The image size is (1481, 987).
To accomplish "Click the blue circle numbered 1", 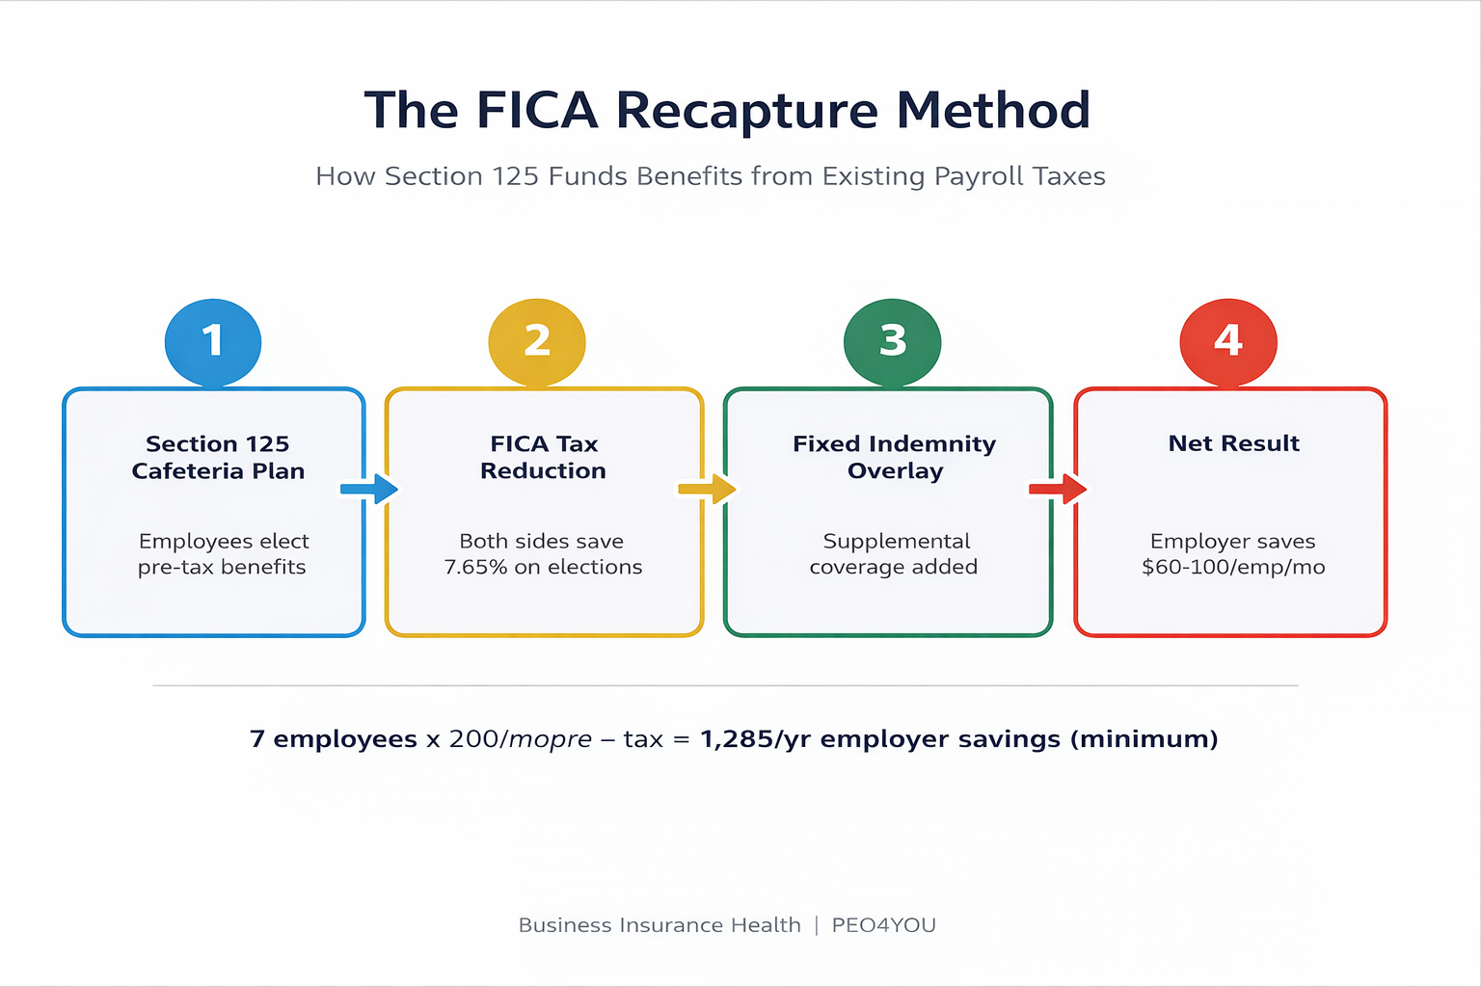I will point(213,342).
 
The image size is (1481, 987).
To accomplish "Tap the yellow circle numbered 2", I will point(537,342).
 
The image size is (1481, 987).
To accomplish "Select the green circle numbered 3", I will point(892,342).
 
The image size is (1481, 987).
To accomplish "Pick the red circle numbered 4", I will point(1228,342).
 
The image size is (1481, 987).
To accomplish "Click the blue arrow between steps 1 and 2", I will point(369,489).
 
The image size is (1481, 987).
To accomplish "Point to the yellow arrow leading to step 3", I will point(707,489).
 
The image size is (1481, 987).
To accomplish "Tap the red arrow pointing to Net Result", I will point(1058,489).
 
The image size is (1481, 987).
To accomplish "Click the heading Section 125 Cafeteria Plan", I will point(218,457).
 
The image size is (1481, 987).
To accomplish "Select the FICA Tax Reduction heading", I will point(544,457).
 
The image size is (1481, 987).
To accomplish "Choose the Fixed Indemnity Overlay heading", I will point(895,457).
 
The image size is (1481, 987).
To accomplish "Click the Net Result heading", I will point(1233,443).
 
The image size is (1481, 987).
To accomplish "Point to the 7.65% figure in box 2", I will point(475,567).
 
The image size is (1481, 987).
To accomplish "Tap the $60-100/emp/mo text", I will point(1233,567).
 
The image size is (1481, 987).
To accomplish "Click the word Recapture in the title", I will point(747,111).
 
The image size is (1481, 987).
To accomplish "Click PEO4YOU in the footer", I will point(883,925).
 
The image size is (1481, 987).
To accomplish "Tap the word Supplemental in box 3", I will point(897,541).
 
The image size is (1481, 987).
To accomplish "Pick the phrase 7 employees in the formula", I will point(333,739).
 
